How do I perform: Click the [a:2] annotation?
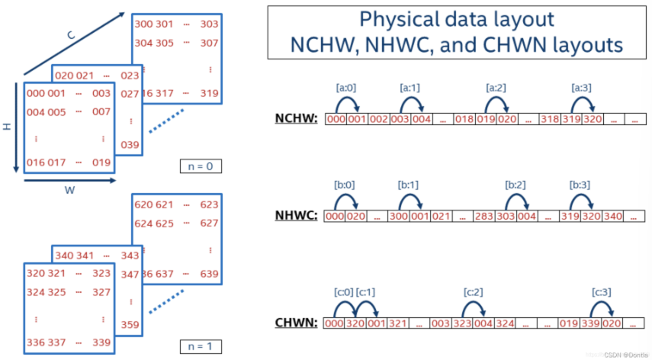[496, 88]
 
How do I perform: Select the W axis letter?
[69, 191]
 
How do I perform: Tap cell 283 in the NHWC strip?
[484, 217]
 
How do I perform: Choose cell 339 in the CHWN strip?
[591, 323]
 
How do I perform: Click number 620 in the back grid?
[143, 204]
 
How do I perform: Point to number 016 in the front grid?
[36, 161]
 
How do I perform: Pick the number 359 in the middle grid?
[130, 325]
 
